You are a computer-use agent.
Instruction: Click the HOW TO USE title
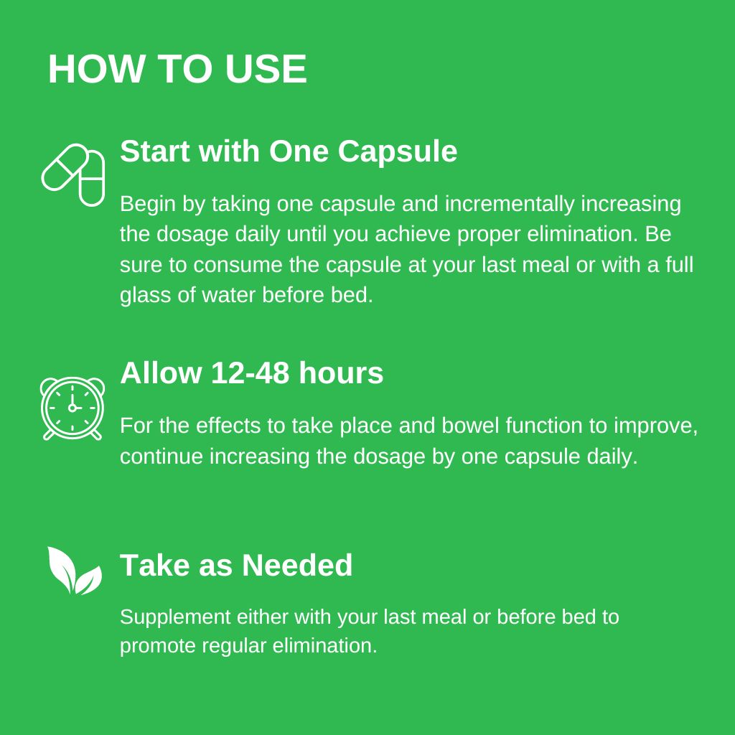coord(177,69)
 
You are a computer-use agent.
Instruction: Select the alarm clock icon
coord(72,408)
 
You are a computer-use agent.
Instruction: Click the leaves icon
coord(74,571)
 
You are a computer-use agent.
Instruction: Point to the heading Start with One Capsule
coord(289,152)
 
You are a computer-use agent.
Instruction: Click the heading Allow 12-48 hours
coord(252,373)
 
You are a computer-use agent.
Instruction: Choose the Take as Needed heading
coord(235,565)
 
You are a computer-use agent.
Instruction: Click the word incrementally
coord(510,205)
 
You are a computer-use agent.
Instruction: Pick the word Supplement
coord(175,617)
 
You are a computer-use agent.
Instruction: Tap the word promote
coord(157,646)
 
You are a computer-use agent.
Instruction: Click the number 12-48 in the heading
coord(250,373)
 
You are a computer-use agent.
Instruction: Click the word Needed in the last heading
coord(297,565)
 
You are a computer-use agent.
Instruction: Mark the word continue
coord(161,457)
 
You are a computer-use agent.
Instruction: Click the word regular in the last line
coord(234,646)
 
